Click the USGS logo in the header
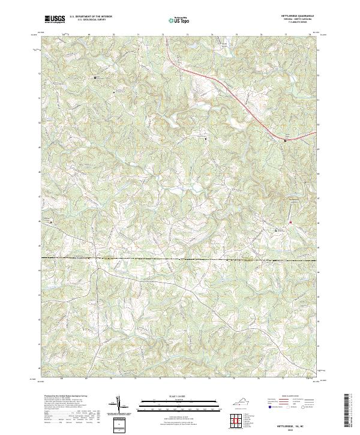click(x=55, y=19)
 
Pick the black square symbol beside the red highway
click(x=285, y=141)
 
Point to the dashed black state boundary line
click(x=180, y=259)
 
